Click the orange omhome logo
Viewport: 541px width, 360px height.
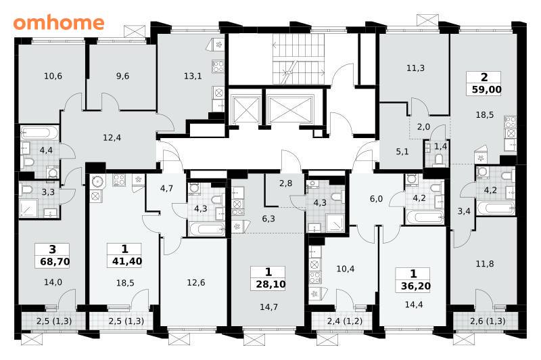click(59, 23)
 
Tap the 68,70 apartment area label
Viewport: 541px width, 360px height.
click(55, 261)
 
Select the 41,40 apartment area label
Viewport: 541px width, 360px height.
click(127, 261)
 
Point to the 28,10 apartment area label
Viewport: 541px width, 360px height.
click(271, 284)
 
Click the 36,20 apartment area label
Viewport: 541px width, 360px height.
click(416, 286)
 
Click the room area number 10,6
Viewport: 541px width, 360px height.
click(53, 76)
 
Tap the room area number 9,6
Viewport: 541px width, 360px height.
click(122, 76)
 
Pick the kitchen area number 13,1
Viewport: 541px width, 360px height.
click(193, 76)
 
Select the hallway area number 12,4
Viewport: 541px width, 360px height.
click(112, 138)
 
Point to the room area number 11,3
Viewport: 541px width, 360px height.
click(415, 68)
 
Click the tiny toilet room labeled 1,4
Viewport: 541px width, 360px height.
click(437, 154)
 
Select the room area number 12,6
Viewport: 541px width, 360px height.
click(196, 283)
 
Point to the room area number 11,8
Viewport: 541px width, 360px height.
click(485, 264)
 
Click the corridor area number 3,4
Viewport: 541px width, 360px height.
click(464, 211)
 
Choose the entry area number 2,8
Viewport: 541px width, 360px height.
click(285, 183)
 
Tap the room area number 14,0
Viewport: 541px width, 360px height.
click(53, 282)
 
